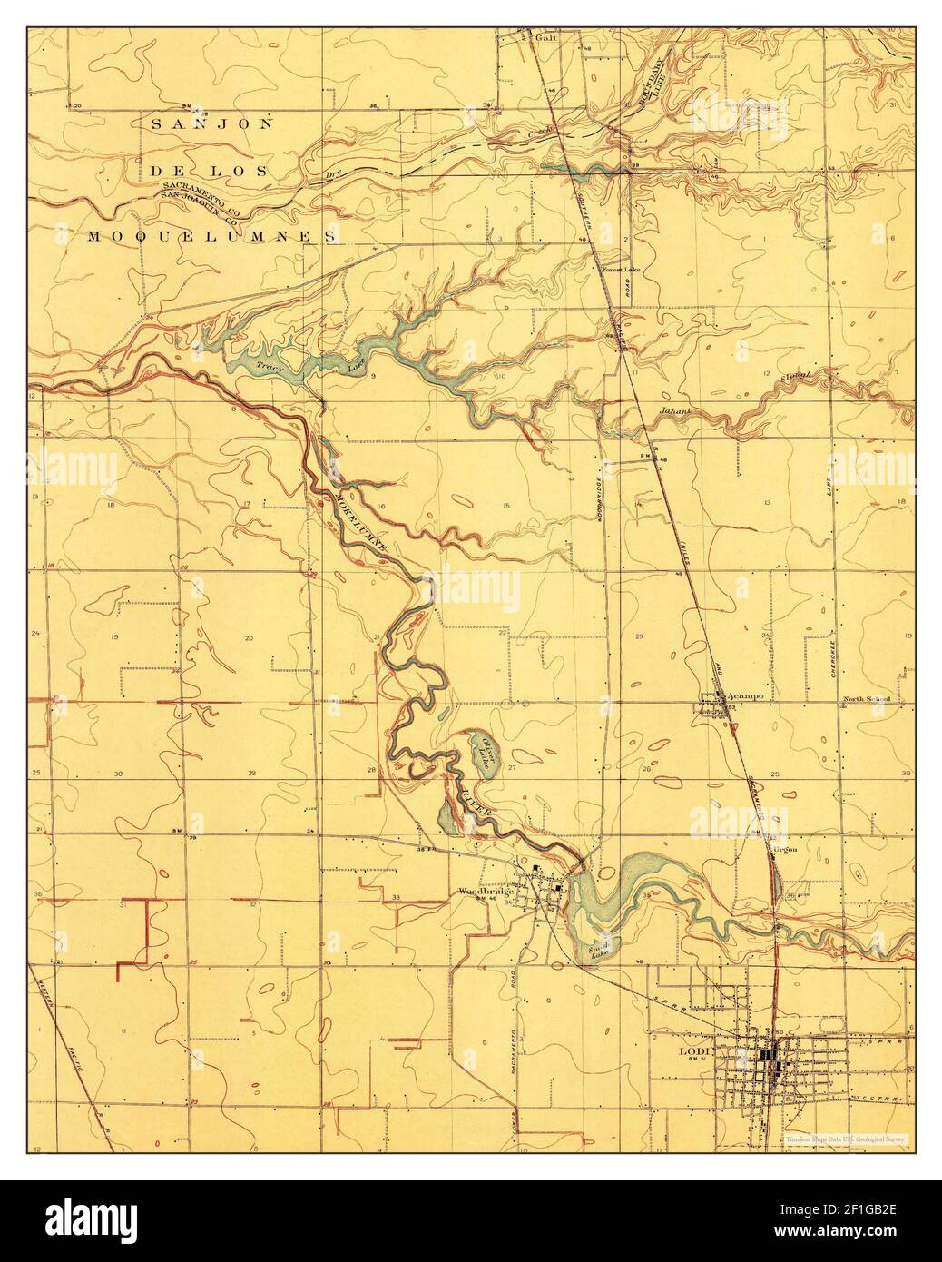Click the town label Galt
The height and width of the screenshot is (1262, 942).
coord(544,39)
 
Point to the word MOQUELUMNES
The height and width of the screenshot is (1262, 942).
coord(213,236)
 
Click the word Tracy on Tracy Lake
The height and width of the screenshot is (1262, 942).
coord(266,368)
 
